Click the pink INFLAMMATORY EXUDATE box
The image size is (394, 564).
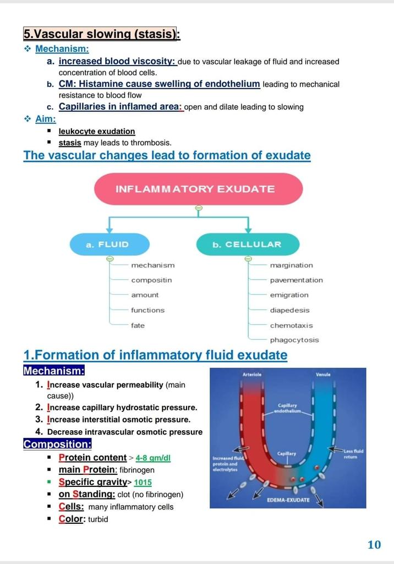[199, 189]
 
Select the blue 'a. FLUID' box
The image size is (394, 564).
[109, 245]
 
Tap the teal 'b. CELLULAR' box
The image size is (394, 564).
[248, 245]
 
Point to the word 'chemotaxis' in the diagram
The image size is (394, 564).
[291, 326]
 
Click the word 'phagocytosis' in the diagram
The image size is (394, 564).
[294, 340]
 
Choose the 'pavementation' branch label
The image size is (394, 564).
[296, 280]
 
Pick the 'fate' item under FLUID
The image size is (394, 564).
[138, 326]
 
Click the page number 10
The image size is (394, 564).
[374, 545]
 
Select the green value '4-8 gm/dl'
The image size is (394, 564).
[153, 458]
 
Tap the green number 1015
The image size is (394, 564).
[143, 482]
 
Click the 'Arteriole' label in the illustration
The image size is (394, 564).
[251, 375]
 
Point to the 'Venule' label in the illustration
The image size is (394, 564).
[323, 375]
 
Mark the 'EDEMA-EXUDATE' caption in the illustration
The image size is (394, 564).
[288, 500]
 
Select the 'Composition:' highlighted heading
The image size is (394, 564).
[57, 444]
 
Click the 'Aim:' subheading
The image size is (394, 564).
[45, 118]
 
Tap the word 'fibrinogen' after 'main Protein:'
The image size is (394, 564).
[137, 470]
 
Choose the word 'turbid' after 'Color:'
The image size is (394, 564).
[98, 519]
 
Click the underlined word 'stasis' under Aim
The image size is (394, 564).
[70, 143]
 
